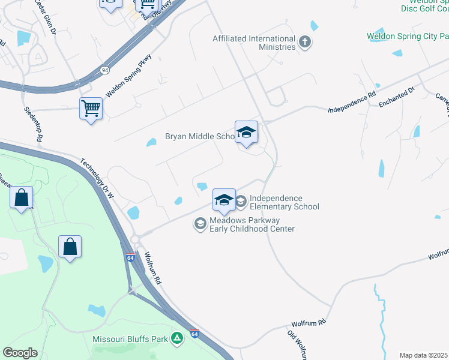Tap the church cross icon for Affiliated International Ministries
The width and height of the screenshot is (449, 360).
tap(306, 42)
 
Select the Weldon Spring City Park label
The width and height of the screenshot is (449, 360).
tap(408, 36)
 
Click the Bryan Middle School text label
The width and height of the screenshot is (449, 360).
tap(199, 137)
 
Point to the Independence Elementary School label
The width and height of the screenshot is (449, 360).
tap(284, 202)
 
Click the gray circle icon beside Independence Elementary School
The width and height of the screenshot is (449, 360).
tap(241, 201)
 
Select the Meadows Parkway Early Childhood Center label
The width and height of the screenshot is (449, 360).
tap(252, 224)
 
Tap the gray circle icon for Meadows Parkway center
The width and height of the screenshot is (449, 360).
tap(199, 224)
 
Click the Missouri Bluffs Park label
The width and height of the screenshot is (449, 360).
tap(130, 339)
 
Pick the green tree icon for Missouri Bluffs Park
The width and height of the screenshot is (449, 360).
tap(177, 338)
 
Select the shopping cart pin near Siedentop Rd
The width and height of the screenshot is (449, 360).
tap(91, 109)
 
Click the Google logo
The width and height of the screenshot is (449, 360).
tap(20, 352)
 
